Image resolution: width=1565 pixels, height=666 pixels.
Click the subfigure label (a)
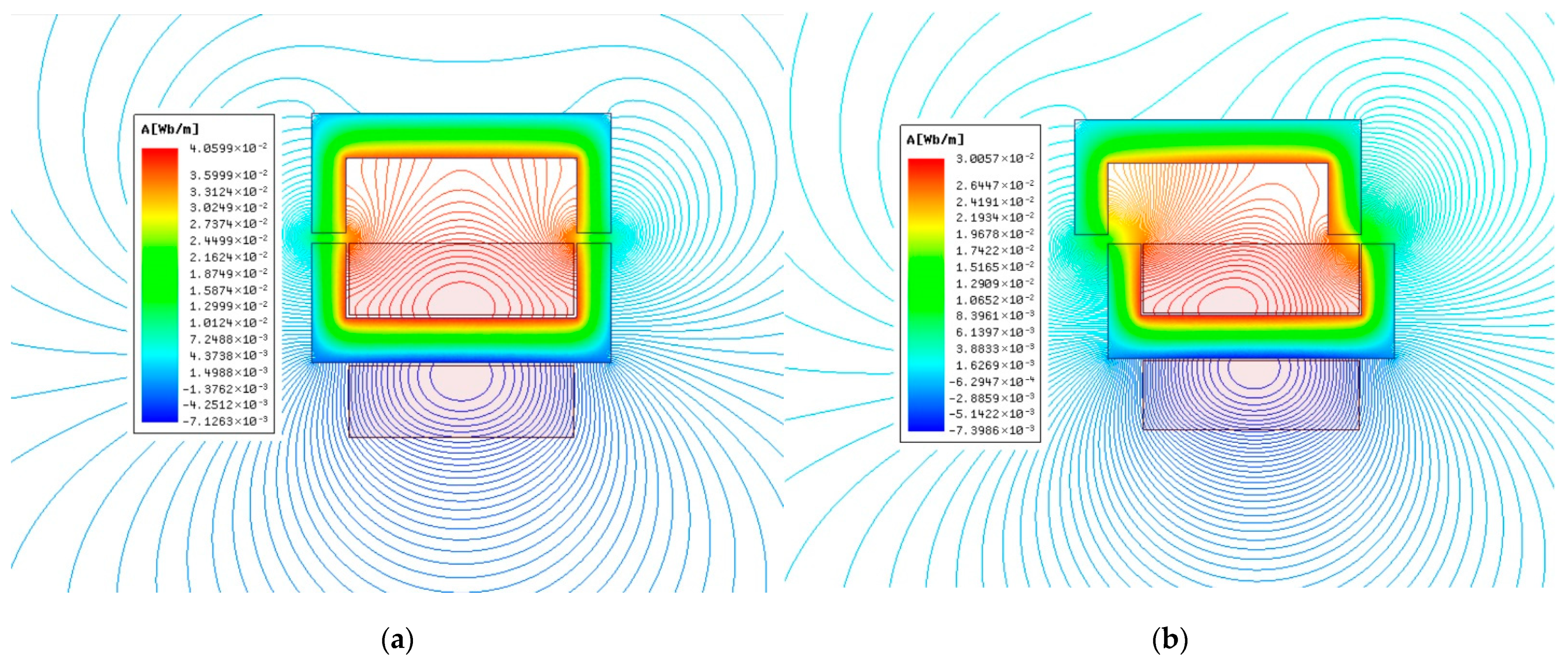coord(398,639)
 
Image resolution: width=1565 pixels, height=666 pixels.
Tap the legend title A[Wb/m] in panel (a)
coord(170,129)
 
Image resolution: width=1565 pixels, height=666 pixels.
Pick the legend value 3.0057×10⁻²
coord(995,159)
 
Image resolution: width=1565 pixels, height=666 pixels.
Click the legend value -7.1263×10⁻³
coord(225,421)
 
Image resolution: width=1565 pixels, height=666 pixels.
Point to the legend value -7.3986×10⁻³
coord(991,430)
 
